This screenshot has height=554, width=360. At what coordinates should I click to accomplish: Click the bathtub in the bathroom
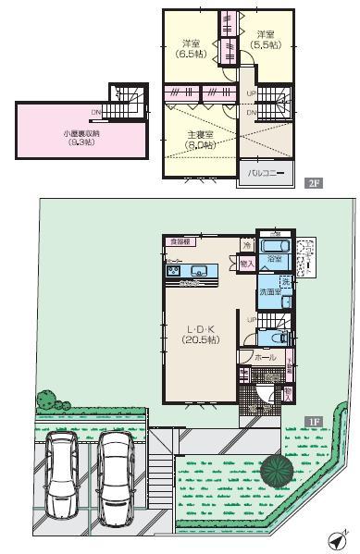pos(274,247)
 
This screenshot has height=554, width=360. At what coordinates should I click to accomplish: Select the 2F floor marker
pos(314,183)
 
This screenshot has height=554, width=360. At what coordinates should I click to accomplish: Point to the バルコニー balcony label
pos(264,172)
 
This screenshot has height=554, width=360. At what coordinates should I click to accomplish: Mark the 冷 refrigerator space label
pos(246,244)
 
